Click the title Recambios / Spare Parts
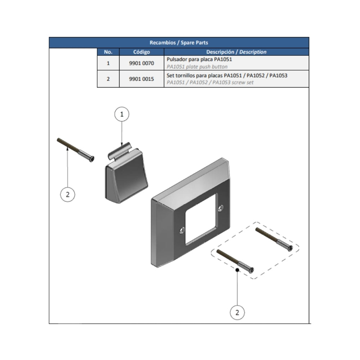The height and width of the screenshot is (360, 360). pyautogui.click(x=179, y=42)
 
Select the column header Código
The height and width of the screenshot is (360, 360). pyautogui.click(x=141, y=52)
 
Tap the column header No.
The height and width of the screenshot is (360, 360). pyautogui.click(x=108, y=52)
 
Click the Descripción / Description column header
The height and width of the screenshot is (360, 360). pyautogui.click(x=236, y=52)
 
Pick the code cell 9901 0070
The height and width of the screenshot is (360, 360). pyautogui.click(x=141, y=63)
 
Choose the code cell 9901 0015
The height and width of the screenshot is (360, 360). pyautogui.click(x=141, y=79)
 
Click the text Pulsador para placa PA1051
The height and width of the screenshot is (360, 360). pyautogui.click(x=199, y=59)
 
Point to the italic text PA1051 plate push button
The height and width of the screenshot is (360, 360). pyautogui.click(x=197, y=67)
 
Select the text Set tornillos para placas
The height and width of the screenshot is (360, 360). pyautogui.click(x=194, y=76)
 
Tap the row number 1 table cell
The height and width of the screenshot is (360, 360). pyautogui.click(x=108, y=63)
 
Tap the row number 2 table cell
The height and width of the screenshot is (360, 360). pyautogui.click(x=108, y=79)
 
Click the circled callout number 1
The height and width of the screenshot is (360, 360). pyautogui.click(x=122, y=114)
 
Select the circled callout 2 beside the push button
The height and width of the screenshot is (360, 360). pyautogui.click(x=68, y=194)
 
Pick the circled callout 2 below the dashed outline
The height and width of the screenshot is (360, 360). pyautogui.click(x=237, y=312)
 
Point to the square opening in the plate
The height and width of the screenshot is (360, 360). pyautogui.click(x=201, y=219)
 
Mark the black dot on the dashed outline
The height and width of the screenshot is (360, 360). pyautogui.click(x=237, y=270)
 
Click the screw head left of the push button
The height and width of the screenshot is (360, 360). pyautogui.click(x=91, y=159)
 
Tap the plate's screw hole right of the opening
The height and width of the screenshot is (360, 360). pyautogui.click(x=221, y=208)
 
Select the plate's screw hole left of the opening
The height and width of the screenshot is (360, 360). pyautogui.click(x=182, y=230)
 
